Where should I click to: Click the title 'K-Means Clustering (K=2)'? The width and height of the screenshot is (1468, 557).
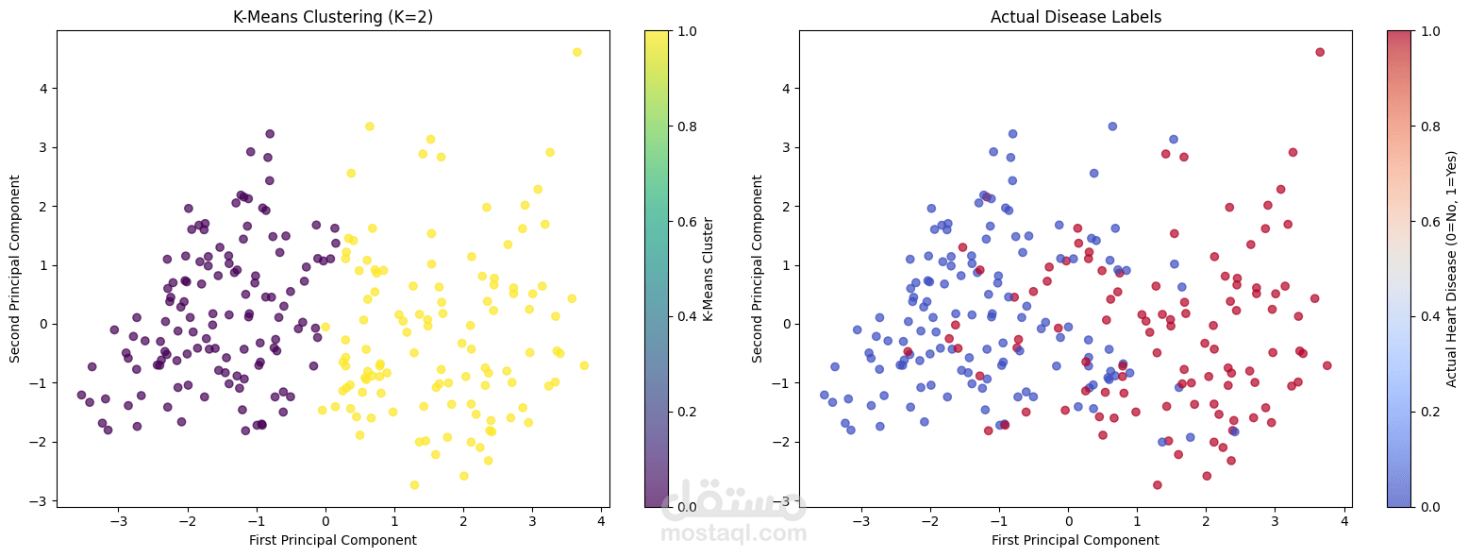pyautogui.click(x=332, y=17)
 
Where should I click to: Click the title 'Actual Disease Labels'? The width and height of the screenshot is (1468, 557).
pyautogui.click(x=1075, y=17)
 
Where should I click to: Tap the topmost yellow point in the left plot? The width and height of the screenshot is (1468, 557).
pyautogui.click(x=577, y=52)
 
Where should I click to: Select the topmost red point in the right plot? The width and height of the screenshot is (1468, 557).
pyautogui.click(x=1320, y=52)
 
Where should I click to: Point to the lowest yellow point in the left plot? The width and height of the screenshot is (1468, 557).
pyautogui.click(x=414, y=485)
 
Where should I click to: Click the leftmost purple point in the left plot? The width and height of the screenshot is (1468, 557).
pyautogui.click(x=81, y=395)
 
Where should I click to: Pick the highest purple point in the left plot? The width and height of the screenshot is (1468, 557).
pyautogui.click(x=270, y=134)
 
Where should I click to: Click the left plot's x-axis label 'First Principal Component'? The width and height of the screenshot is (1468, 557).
pyautogui.click(x=332, y=540)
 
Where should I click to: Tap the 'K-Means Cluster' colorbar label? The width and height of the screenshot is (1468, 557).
pyautogui.click(x=709, y=269)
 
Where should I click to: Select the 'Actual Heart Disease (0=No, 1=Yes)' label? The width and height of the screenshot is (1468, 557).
pyautogui.click(x=1452, y=269)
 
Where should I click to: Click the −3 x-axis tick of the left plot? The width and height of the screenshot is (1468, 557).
pyautogui.click(x=119, y=520)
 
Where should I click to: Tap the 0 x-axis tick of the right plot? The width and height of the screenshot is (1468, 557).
pyautogui.click(x=1068, y=520)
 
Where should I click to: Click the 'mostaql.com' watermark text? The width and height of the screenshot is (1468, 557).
pyautogui.click(x=733, y=533)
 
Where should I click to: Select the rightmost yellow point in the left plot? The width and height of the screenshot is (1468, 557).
pyautogui.click(x=584, y=365)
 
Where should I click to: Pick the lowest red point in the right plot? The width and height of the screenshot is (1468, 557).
pyautogui.click(x=1157, y=485)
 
